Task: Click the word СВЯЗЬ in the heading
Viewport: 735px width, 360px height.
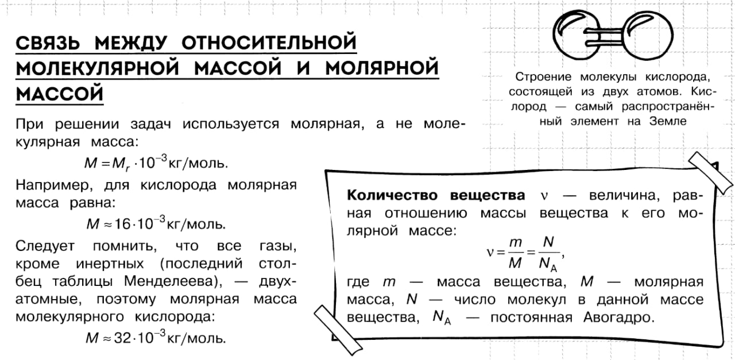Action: pyautogui.click(x=48, y=42)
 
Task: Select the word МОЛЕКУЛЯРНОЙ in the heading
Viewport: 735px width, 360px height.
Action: pyautogui.click(x=98, y=68)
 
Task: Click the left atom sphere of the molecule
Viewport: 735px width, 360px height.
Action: pyautogui.click(x=578, y=35)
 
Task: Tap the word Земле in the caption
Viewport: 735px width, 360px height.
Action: pyautogui.click(x=668, y=121)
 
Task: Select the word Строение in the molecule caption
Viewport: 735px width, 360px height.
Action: pyautogui.click(x=543, y=77)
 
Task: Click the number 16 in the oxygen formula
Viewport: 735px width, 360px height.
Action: pyautogui.click(x=123, y=224)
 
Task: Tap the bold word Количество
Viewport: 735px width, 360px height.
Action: pyautogui.click(x=392, y=195)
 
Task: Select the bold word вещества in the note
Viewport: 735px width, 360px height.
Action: pyautogui.click(x=488, y=196)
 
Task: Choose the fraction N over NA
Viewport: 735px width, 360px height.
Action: pyautogui.click(x=548, y=255)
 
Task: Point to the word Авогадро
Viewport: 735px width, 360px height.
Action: pyautogui.click(x=619, y=318)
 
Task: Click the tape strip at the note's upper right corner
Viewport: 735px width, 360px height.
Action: pyautogui.click(x=710, y=173)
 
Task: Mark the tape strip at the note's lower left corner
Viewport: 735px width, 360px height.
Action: pyautogui.click(x=338, y=330)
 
